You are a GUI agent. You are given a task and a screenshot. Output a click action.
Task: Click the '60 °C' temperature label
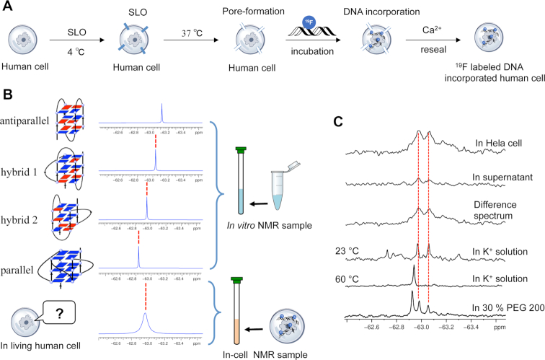coord(363,276)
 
